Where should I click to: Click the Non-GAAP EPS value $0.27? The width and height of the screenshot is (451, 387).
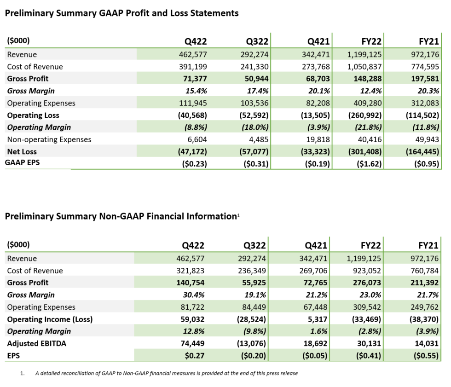click(x=193, y=355)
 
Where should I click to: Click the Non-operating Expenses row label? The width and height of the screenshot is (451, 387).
click(x=49, y=139)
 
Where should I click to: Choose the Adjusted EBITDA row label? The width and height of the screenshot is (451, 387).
click(x=37, y=343)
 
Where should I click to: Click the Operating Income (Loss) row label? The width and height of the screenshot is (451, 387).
click(x=47, y=319)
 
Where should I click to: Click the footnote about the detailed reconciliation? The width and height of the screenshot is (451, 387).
click(x=166, y=373)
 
